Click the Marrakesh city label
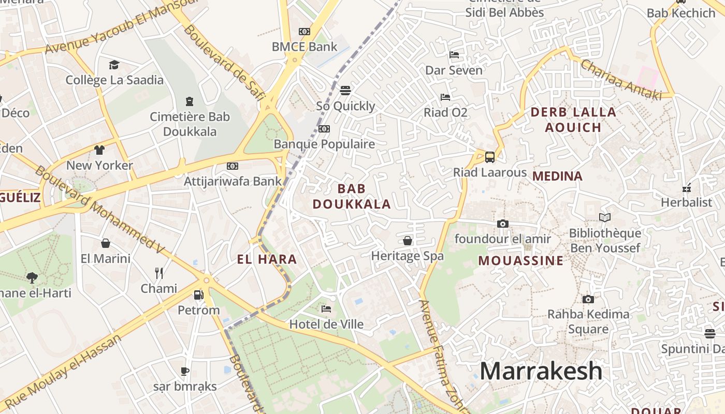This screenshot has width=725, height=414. click(x=541, y=371)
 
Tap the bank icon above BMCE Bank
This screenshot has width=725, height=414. click(x=304, y=32)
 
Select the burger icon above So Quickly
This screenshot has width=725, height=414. click(x=345, y=91)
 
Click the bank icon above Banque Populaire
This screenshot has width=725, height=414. click(x=324, y=129)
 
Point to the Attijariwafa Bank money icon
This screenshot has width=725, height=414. click(x=233, y=166)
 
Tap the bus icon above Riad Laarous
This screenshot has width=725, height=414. click(x=489, y=157)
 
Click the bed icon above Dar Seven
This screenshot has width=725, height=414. click(x=454, y=55)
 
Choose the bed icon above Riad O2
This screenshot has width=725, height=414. click(x=445, y=97)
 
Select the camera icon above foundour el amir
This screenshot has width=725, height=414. click(x=502, y=224)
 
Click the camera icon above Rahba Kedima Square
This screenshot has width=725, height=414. click(x=588, y=299)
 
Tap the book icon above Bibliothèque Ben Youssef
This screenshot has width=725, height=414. click(x=604, y=218)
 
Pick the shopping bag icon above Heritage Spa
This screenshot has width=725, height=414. click(x=408, y=240)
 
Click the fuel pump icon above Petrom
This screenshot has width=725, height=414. click(x=198, y=295)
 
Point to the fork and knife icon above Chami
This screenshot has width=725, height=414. click(x=159, y=273)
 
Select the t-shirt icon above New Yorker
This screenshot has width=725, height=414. click(x=99, y=150)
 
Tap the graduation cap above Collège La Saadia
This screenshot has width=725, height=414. click(x=114, y=65)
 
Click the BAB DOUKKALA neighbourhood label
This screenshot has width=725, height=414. click(x=352, y=196)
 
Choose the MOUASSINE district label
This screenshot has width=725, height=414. click(x=520, y=260)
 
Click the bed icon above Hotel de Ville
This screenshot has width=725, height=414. click(x=326, y=309)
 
